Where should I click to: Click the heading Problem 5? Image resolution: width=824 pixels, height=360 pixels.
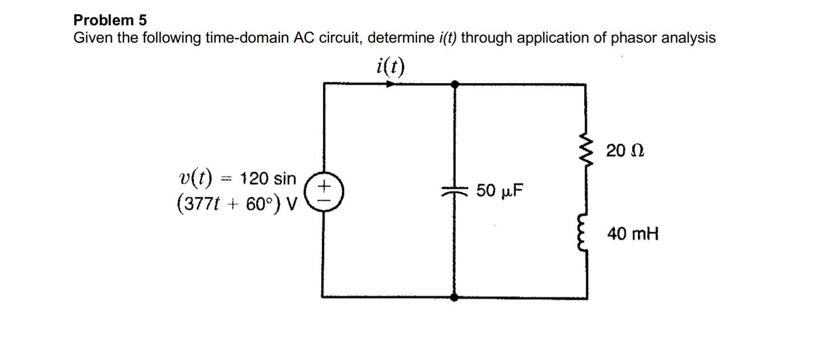pyautogui.click(x=110, y=20)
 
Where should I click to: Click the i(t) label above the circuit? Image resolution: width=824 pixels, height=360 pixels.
pyautogui.click(x=390, y=66)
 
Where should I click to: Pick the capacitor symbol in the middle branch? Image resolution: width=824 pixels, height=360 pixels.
pyautogui.click(x=455, y=191)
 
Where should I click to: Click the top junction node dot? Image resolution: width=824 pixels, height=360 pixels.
pyautogui.click(x=455, y=84)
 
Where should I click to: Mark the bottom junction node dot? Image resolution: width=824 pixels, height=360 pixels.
pyautogui.click(x=455, y=297)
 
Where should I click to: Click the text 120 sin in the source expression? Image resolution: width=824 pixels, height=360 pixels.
pyautogui.click(x=267, y=179)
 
